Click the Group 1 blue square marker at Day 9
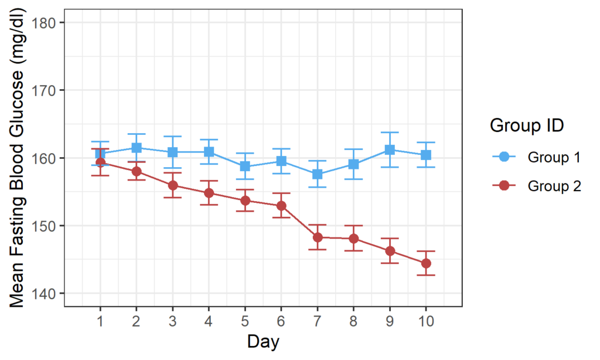pyautogui.click(x=390, y=150)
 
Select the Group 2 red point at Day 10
pyautogui.click(x=426, y=263)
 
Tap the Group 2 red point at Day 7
pyautogui.click(x=317, y=237)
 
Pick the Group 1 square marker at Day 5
pyautogui.click(x=245, y=167)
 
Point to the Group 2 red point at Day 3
pyautogui.click(x=173, y=185)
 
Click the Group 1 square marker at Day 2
pyautogui.click(x=136, y=148)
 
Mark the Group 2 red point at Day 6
pyautogui.click(x=281, y=206)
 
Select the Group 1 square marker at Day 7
pyautogui.click(x=317, y=174)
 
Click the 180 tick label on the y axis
pyautogui.click(x=42, y=23)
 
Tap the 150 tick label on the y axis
pyautogui.click(x=42, y=226)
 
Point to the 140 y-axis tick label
pyautogui.click(x=42, y=294)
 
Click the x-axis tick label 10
pyautogui.click(x=426, y=321)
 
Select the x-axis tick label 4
pyautogui.click(x=209, y=321)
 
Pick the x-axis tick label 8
pyautogui.click(x=353, y=321)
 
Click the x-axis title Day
pyautogui.click(x=263, y=342)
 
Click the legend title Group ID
pyautogui.click(x=527, y=125)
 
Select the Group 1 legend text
pyautogui.click(x=554, y=157)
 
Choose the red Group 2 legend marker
pyautogui.click(x=504, y=186)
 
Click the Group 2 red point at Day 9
pyautogui.click(x=390, y=251)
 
